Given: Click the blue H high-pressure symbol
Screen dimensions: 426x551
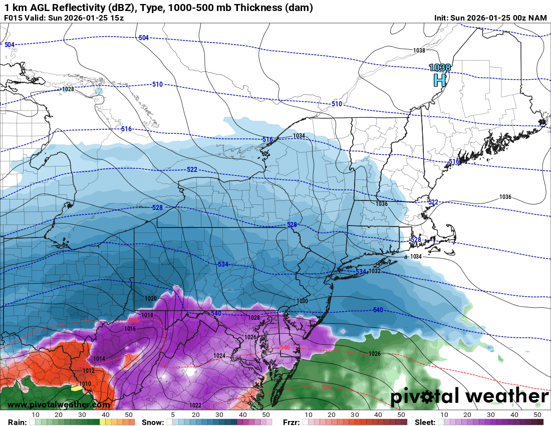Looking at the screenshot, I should (x=439, y=80).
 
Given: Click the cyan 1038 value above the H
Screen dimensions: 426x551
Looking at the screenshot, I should (x=440, y=67).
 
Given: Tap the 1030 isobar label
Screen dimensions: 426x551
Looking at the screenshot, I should (x=302, y=301).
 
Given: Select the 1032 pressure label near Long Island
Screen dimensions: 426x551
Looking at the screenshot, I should (x=375, y=271).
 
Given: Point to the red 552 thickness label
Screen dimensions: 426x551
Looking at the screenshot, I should (x=326, y=387).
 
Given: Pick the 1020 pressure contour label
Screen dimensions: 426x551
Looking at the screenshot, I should (x=151, y=298).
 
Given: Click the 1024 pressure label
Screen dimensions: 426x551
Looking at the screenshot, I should (x=219, y=356).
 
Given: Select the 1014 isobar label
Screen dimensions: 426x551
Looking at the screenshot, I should (x=99, y=359).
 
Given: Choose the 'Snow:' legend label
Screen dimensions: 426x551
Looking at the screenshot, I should (x=152, y=422).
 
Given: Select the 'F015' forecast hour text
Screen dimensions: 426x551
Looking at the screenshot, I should (x=14, y=18).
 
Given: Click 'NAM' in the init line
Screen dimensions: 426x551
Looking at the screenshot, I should (x=537, y=18).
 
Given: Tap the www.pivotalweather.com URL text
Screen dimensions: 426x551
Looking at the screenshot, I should (x=59, y=404).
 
